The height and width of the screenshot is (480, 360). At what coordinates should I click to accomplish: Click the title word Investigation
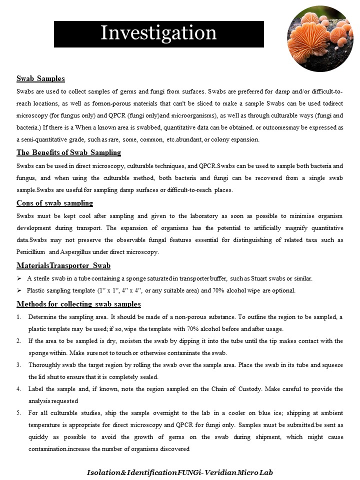tap(158, 33)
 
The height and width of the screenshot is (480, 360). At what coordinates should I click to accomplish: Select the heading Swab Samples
tap(40, 78)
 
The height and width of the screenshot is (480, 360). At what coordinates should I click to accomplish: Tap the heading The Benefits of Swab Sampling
tap(68, 152)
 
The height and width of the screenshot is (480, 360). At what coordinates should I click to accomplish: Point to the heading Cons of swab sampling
tap(54, 203)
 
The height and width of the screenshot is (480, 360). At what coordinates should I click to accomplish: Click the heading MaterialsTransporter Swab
tap(63, 265)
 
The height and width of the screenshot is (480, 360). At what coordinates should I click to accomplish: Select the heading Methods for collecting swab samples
tap(78, 303)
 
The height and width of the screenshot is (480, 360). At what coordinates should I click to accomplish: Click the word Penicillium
tap(31, 252)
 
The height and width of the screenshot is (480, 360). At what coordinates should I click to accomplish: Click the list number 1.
tap(18, 317)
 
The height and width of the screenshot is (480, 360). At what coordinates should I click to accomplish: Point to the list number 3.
tap(18, 365)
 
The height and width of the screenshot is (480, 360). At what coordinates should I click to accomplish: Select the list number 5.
tap(18, 412)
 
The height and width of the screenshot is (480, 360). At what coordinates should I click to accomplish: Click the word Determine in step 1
tap(44, 317)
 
